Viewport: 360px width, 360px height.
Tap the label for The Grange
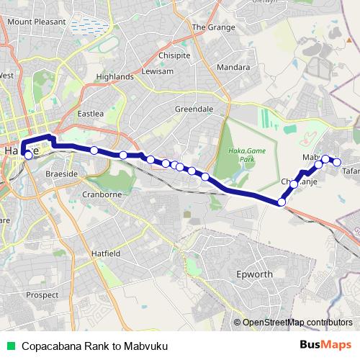click(x=209, y=27)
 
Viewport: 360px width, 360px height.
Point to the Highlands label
click(x=114, y=76)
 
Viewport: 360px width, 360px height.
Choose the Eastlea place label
click(x=91, y=113)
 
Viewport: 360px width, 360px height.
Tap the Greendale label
click(x=194, y=109)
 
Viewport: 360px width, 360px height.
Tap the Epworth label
click(x=253, y=274)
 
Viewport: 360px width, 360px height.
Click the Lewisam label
click(x=158, y=71)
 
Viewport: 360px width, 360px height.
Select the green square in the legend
click(x=11, y=345)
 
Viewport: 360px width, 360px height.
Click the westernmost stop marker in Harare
click(x=28, y=154)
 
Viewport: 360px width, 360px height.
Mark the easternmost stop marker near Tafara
click(x=336, y=162)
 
